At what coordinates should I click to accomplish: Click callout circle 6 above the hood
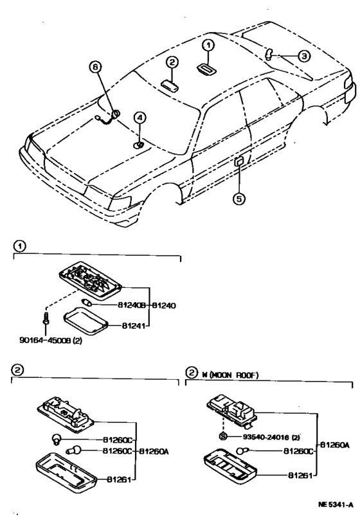[95, 67]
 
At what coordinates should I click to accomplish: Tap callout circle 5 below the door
[239, 199]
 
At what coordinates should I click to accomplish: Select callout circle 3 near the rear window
[304, 57]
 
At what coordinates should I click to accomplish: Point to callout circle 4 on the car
[139, 117]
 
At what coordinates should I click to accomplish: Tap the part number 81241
[133, 326]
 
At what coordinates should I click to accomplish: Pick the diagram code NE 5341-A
[336, 505]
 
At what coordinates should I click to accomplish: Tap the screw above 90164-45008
[46, 318]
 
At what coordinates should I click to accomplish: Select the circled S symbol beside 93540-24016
[223, 437]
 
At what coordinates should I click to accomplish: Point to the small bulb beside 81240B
[86, 302]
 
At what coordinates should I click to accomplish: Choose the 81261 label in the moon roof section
[300, 475]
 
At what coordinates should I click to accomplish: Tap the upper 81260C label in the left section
[117, 440]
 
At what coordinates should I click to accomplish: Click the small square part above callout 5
[239, 161]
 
